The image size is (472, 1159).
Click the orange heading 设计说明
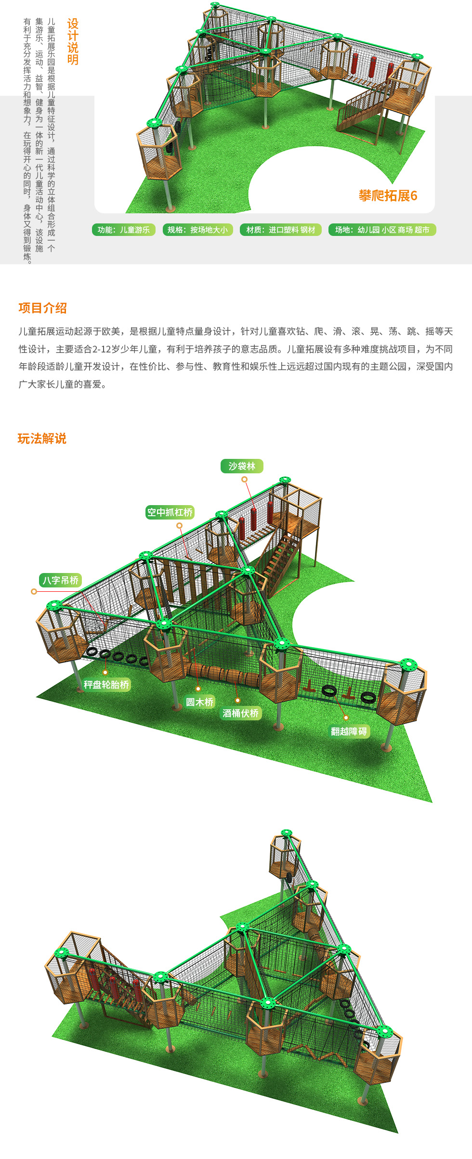[x=73, y=42]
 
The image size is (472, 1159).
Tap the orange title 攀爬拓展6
[x=388, y=195]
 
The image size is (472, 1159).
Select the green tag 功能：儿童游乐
[x=124, y=230]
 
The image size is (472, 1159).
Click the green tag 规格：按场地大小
[x=197, y=230]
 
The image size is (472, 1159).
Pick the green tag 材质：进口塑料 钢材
[x=281, y=230]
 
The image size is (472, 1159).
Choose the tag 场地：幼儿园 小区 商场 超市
[x=382, y=230]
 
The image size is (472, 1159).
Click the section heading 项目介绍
[x=42, y=308]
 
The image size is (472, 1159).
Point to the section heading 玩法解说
[x=42, y=439]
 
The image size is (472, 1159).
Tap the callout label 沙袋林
[x=242, y=466]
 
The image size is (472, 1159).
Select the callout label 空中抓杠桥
[x=170, y=512]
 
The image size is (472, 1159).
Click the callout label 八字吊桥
[x=60, y=580]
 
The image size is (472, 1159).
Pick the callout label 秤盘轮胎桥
[x=106, y=685]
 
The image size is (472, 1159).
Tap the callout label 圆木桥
[x=199, y=702]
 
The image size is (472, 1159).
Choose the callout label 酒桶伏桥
[x=240, y=713]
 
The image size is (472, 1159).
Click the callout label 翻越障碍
[x=349, y=731]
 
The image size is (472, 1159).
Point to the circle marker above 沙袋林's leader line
[x=245, y=479]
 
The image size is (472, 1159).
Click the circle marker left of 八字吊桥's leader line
[x=34, y=591]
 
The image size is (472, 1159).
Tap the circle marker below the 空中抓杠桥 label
[x=179, y=525]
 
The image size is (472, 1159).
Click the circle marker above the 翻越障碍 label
[x=346, y=718]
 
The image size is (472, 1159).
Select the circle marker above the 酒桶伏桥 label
[x=237, y=700]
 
